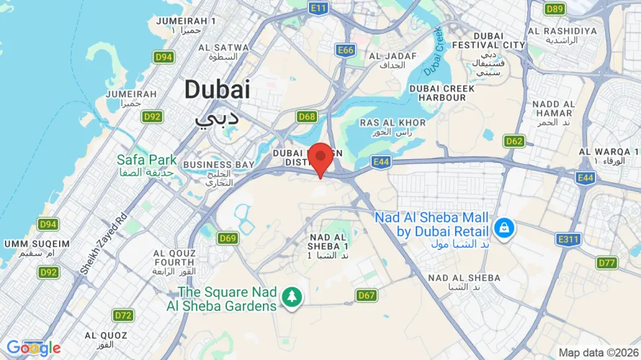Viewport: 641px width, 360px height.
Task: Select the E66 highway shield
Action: pyautogui.click(x=346, y=50)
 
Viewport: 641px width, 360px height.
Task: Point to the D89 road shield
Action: pyautogui.click(x=555, y=9)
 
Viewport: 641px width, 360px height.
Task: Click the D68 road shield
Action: pyautogui.click(x=308, y=117)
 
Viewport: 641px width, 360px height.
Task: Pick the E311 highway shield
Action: pyautogui.click(x=568, y=239)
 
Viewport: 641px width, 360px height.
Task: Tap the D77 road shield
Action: pyautogui.click(x=608, y=263)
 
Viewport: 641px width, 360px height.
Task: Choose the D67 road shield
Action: pyautogui.click(x=366, y=295)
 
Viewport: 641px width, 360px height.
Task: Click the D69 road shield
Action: pyautogui.click(x=228, y=238)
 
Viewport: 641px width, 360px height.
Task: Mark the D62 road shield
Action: pyautogui.click(x=514, y=141)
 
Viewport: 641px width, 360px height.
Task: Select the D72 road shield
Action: pyautogui.click(x=123, y=315)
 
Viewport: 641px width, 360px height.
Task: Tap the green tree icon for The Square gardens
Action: pyautogui.click(x=292, y=297)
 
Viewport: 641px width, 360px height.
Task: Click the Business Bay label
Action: pyautogui.click(x=218, y=165)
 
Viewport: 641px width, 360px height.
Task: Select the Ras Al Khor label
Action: pyautogui.click(x=385, y=123)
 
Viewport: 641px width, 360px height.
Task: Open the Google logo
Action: pyautogui.click(x=33, y=348)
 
